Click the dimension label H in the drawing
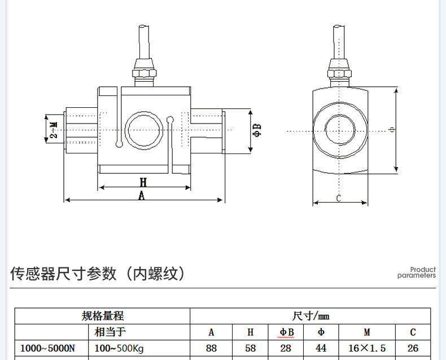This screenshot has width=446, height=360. point(143,182)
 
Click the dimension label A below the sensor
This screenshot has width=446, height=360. point(142,195)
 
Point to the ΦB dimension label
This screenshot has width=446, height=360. point(257,130)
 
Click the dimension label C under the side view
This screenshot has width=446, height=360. point(339,198)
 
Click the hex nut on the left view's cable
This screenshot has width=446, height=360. point(143,73)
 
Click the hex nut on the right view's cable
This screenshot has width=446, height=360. point(339,73)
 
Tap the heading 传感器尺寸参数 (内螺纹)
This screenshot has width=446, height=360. point(98,274)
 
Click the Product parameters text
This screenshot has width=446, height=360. point(417,273)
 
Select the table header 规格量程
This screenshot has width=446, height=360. point(102,316)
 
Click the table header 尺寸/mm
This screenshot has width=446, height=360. point(311,316)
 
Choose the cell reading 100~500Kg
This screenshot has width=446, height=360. point(119,348)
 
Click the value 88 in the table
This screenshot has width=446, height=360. point(212,348)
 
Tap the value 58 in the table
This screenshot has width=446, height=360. point(251,348)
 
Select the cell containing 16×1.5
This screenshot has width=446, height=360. point(366,348)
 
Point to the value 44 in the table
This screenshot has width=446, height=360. point(321,348)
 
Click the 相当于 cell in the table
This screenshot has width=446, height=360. point(111,332)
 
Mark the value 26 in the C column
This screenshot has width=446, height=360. point(413,348)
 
